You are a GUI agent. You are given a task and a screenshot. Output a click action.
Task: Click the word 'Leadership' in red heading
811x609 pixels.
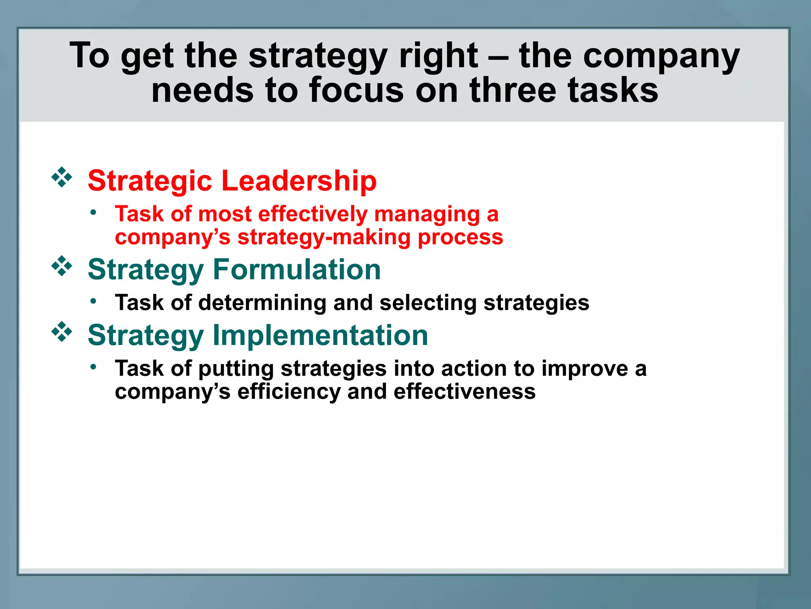coord(299,181)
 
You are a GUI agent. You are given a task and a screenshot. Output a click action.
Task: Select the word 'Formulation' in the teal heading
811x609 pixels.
coord(297,270)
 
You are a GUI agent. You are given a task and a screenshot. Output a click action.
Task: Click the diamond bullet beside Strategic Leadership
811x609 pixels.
coord(62,177)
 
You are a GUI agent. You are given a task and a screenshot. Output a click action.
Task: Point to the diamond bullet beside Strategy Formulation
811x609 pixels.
coord(62,266)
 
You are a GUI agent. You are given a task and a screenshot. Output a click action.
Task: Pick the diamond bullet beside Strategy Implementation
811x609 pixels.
coord(62,332)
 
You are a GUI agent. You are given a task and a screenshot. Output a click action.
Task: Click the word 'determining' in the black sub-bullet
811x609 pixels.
coord(262,303)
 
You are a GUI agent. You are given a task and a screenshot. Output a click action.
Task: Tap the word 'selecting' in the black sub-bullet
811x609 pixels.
coord(428,303)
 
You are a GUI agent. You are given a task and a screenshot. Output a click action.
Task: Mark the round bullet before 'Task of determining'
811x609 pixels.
coord(93,301)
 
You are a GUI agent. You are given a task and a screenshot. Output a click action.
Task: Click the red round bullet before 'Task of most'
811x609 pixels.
coord(93,213)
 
